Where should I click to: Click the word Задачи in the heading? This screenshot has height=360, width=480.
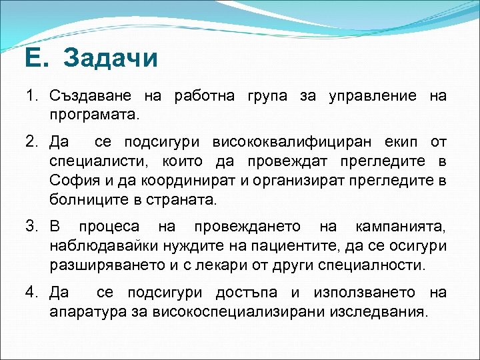click(x=111, y=59)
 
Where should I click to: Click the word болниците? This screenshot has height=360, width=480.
click(x=84, y=199)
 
